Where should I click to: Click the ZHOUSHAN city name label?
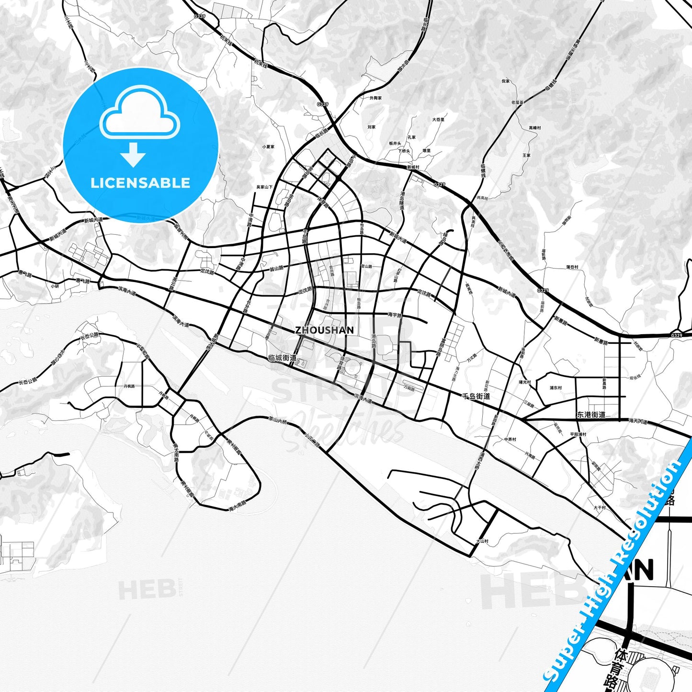tap(324, 330)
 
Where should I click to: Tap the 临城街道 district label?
tap(283, 358)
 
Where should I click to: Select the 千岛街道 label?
tap(476, 396)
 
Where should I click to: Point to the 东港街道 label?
tap(591, 415)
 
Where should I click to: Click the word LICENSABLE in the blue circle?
tap(140, 183)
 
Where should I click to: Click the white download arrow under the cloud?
tap(133, 155)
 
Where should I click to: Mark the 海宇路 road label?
tap(395, 315)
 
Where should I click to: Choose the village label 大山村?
tap(482, 541)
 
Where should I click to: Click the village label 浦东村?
tap(556, 388)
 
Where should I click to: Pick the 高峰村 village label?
tap(534, 128)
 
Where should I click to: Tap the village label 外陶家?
tap(375, 98)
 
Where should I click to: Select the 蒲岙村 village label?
tap(572, 267)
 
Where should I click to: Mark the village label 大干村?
tap(600, 508)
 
